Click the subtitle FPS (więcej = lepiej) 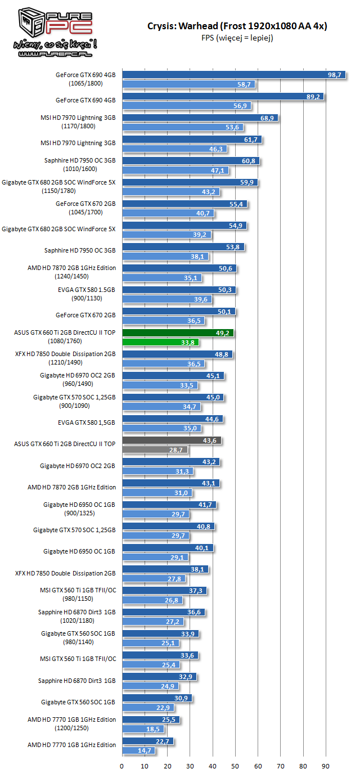coord(237,38)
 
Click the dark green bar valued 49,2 coord(178,332)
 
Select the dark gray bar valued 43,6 coord(172,440)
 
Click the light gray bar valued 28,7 coord(155,449)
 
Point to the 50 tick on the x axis coord(235,765)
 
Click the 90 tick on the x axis coord(326,765)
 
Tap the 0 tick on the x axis coord(122,765)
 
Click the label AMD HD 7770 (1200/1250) coord(71,724)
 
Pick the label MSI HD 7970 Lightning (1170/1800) coord(79,122)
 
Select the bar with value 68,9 coord(200,118)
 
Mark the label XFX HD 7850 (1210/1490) coord(65,359)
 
